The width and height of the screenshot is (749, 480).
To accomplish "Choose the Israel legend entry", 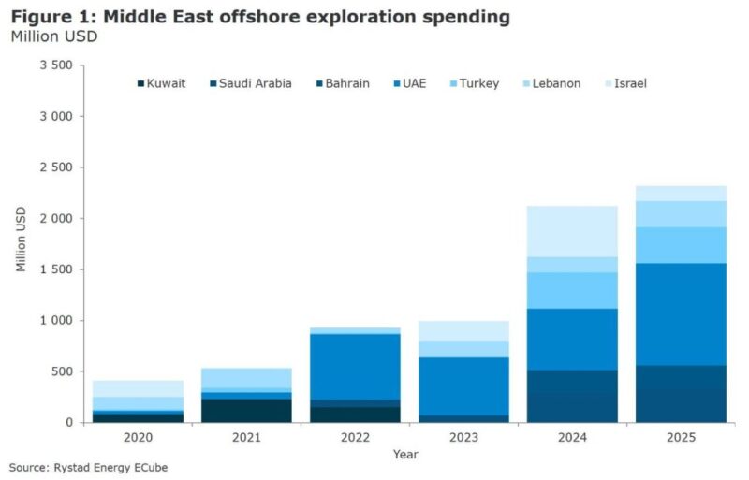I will coord(630,83).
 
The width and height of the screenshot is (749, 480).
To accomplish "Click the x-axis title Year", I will coord(405,455).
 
